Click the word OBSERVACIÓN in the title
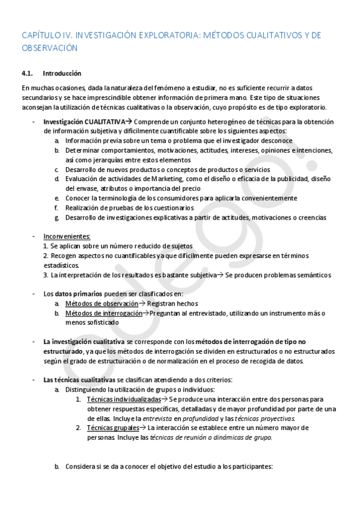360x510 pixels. coord(50,48)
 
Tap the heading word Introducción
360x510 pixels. coord(62,73)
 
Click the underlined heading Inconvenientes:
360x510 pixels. coord(67,236)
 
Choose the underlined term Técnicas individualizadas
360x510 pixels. coord(124,399)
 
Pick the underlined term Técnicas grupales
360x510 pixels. coord(113,428)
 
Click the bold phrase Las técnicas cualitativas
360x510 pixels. coord(79,379)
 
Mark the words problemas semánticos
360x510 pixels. coord(297,275)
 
